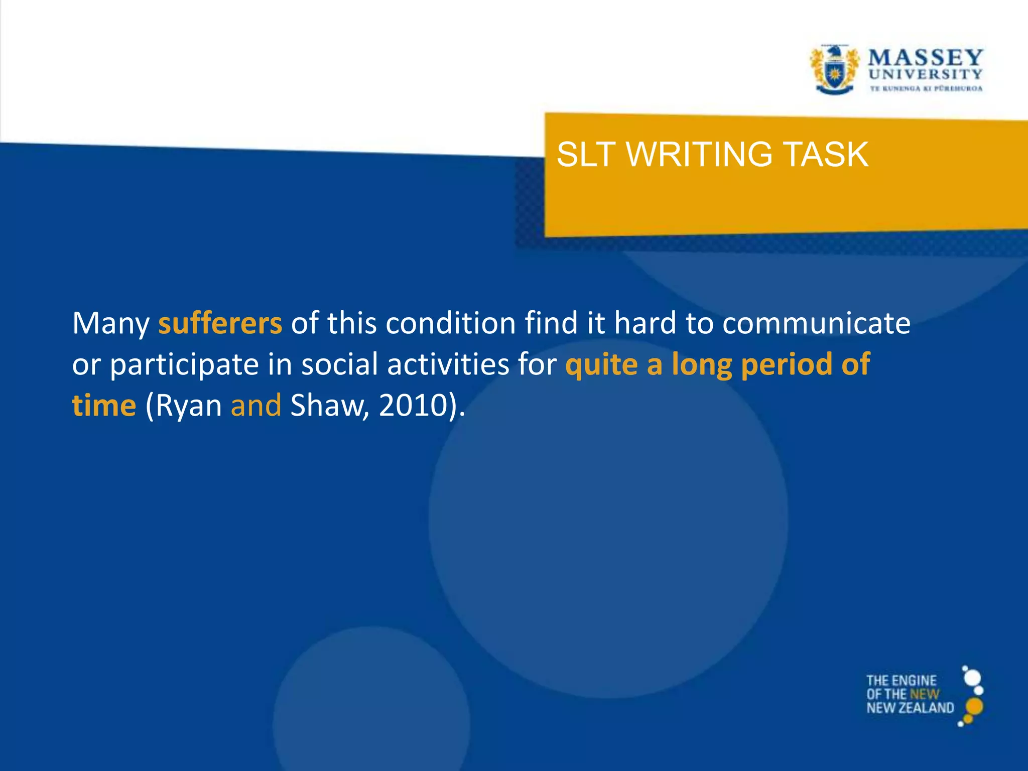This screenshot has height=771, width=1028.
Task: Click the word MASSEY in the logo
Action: pyautogui.click(x=925, y=57)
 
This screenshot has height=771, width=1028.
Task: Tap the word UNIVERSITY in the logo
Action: pyautogui.click(x=925, y=74)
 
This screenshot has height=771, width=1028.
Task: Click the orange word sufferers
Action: pyautogui.click(x=220, y=323)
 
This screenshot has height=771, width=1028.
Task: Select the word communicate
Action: pyautogui.click(x=816, y=323)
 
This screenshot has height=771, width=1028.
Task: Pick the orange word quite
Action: pyautogui.click(x=601, y=364)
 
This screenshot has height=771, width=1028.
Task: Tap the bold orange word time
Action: pyautogui.click(x=104, y=406)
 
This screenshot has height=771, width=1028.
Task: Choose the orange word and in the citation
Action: pyautogui.click(x=255, y=406)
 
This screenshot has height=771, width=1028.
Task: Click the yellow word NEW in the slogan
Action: pyautogui.click(x=924, y=695)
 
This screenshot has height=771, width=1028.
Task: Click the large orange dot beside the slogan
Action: pyautogui.click(x=974, y=706)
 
